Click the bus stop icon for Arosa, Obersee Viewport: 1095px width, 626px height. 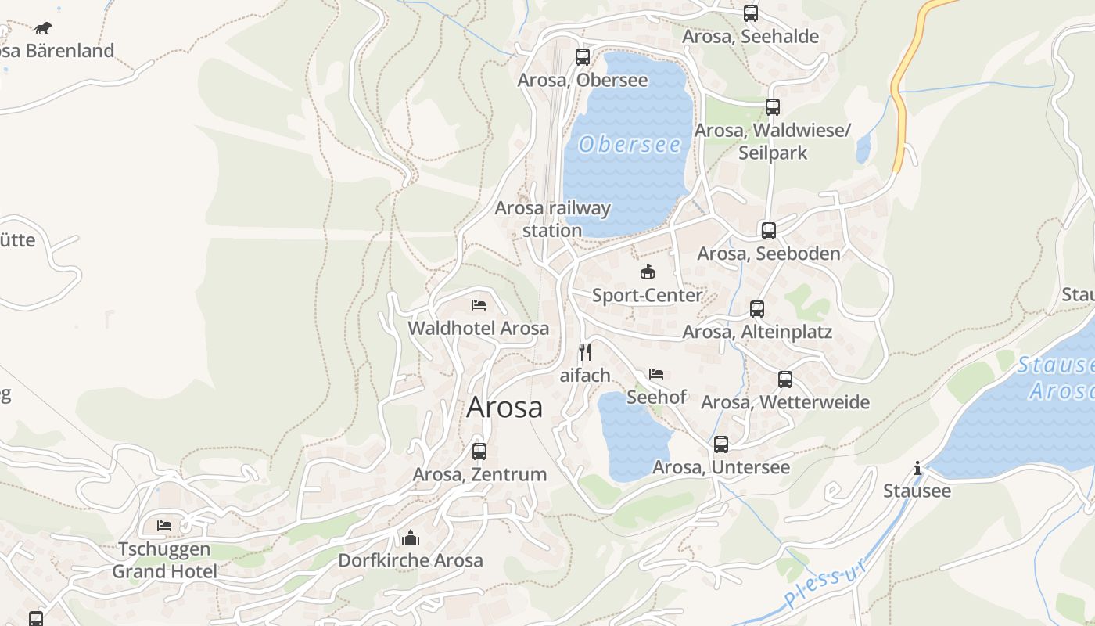(582, 56)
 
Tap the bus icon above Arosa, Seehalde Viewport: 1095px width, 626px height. (751, 13)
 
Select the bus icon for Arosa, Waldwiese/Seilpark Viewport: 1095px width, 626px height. (773, 107)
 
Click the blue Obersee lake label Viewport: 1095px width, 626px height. (630, 145)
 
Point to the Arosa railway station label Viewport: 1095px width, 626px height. (552, 219)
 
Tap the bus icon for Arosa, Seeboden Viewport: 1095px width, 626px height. (769, 231)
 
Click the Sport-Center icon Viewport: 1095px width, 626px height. (647, 272)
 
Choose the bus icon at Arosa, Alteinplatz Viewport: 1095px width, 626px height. (756, 309)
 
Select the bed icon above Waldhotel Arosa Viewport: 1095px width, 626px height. (479, 305)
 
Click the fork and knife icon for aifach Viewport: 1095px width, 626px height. (585, 352)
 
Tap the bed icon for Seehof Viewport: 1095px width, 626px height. (656, 374)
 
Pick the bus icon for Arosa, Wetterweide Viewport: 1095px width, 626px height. (785, 380)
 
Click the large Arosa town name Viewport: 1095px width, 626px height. (504, 408)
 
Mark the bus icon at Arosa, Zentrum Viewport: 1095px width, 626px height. (479, 452)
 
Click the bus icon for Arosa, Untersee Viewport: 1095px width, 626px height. (721, 444)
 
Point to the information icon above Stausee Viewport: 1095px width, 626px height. (917, 469)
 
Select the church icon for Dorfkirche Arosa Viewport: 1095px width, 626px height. (411, 538)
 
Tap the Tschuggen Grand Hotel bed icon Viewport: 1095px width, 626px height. (164, 525)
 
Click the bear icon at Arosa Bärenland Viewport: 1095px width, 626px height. (43, 28)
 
